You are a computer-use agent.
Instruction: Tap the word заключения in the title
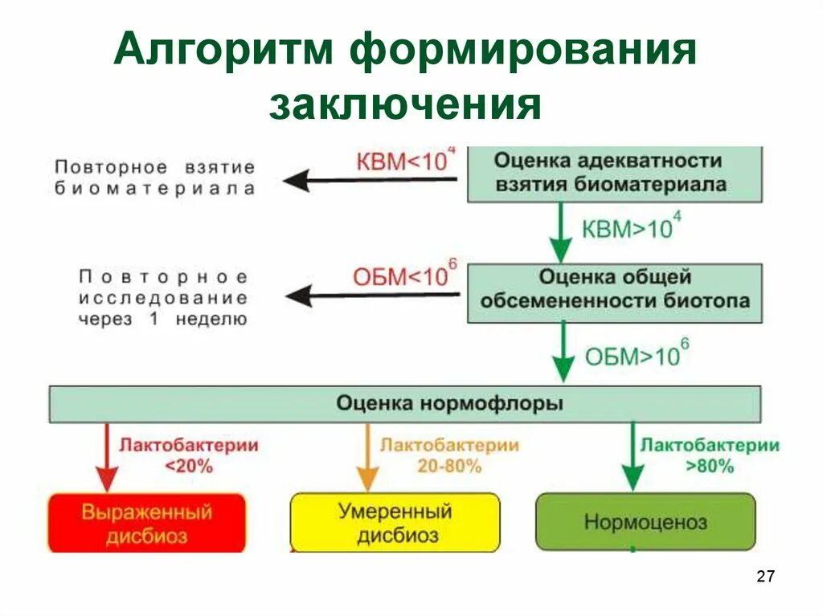pos(405,105)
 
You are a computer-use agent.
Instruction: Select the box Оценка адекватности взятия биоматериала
pos(615,173)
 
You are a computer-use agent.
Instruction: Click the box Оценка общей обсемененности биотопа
pos(615,289)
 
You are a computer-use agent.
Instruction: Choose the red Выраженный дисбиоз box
pos(146,523)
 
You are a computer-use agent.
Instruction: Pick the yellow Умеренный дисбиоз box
pos(395,523)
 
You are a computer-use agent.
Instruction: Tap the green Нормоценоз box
pos(645,523)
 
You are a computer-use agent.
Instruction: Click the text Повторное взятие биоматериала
pos(155,177)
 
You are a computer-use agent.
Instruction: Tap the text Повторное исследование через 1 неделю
pos(163,297)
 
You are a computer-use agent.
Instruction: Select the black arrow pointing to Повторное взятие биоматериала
pos(374,181)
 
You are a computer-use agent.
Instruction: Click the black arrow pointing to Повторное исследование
pos(374,296)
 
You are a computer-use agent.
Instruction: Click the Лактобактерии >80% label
pos(709,455)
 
